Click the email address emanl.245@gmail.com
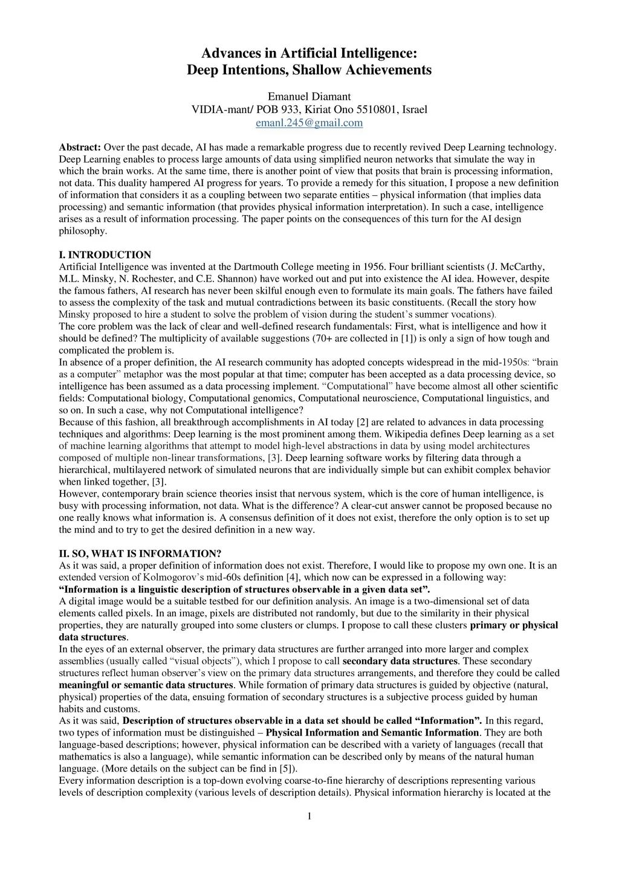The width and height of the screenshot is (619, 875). [x=309, y=123]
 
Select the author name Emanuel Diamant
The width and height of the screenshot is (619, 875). [x=309, y=97]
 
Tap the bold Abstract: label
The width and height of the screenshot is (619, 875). [x=80, y=147]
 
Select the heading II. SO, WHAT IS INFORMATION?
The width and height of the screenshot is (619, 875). [x=140, y=554]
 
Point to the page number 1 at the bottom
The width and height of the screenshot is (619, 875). [x=309, y=817]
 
